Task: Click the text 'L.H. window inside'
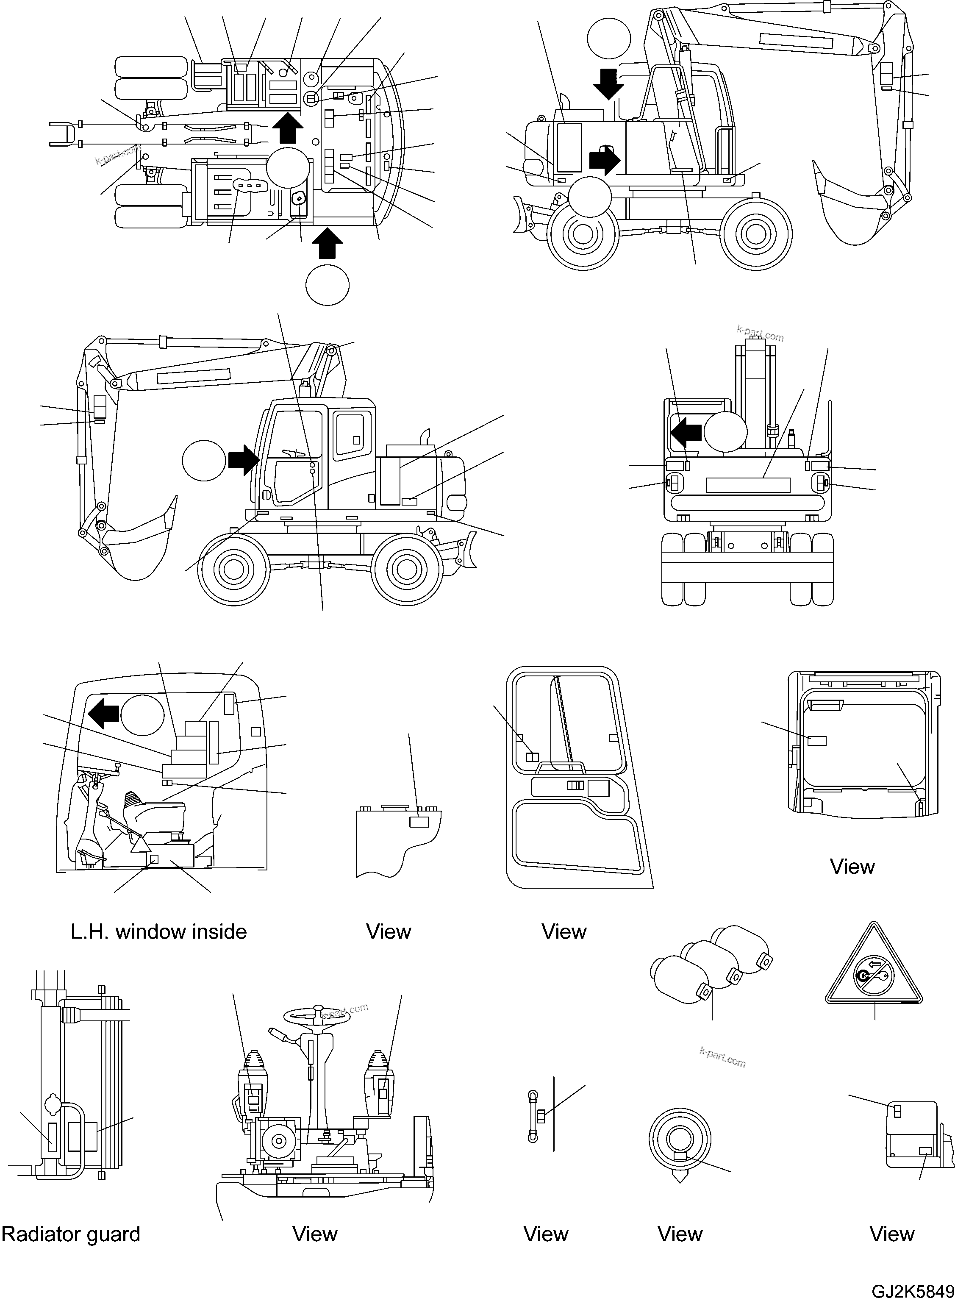(158, 931)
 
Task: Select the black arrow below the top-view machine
(327, 243)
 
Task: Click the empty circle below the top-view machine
(327, 284)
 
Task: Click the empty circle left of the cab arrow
(203, 460)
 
